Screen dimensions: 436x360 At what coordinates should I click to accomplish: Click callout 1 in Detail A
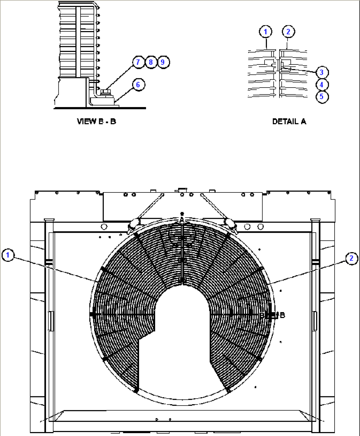click(266, 32)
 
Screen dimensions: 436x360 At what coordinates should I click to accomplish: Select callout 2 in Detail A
click(288, 32)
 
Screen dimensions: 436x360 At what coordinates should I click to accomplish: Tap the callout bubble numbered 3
click(322, 72)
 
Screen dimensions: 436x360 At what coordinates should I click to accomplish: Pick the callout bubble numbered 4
click(322, 85)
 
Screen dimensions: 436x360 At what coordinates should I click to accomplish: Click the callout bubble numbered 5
click(322, 97)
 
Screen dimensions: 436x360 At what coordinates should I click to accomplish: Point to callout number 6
click(138, 85)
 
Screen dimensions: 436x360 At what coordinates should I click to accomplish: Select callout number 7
click(138, 62)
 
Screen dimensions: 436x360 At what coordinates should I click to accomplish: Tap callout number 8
click(151, 62)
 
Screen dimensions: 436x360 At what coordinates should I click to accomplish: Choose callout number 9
click(163, 62)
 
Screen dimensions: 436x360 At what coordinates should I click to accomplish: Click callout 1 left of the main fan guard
click(8, 255)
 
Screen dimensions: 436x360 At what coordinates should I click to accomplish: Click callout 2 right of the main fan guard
click(351, 258)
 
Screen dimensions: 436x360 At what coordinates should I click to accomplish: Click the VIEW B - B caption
click(96, 121)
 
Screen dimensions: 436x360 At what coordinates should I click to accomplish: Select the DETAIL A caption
click(289, 121)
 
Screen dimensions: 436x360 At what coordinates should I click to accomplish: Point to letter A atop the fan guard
click(182, 219)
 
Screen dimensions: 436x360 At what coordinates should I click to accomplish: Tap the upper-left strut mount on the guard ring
click(133, 224)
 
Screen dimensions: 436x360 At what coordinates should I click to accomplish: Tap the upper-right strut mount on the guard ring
click(230, 224)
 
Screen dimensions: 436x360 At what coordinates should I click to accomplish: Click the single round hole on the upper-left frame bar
click(104, 227)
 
